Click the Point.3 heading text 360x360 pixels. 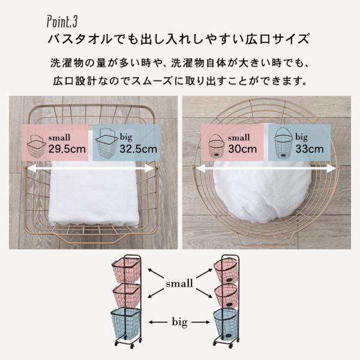[62, 22]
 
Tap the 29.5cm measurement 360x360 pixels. [67, 149]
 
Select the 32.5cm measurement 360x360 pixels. [138, 149]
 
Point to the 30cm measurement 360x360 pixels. [242, 149]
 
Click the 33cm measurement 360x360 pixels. [310, 149]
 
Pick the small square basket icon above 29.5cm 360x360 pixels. [36, 146]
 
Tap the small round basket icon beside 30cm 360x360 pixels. [216, 146]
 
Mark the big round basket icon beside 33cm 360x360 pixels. [283, 143]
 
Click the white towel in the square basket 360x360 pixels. [94, 193]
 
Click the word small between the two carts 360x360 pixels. [179, 284]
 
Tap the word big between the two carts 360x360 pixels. [179, 322]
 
